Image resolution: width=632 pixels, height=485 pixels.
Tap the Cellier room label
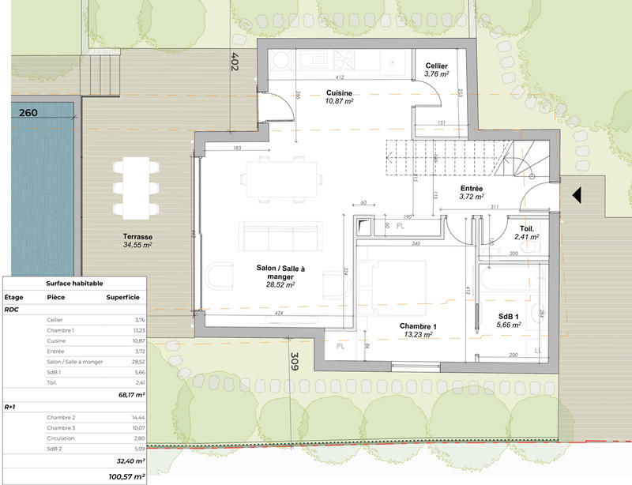click(437, 66)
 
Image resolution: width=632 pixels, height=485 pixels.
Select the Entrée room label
click(472, 188)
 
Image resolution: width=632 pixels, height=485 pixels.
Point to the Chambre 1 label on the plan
click(418, 326)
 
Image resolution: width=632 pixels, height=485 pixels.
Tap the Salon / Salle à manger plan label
click(280, 274)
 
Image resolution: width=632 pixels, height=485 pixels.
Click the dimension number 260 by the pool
click(28, 113)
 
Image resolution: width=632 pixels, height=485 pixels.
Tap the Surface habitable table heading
click(74, 283)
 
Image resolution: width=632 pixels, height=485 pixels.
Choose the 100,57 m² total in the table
click(126, 476)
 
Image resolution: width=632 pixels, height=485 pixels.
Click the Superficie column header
click(122, 298)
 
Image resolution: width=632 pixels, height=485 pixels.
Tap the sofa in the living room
click(280, 235)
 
